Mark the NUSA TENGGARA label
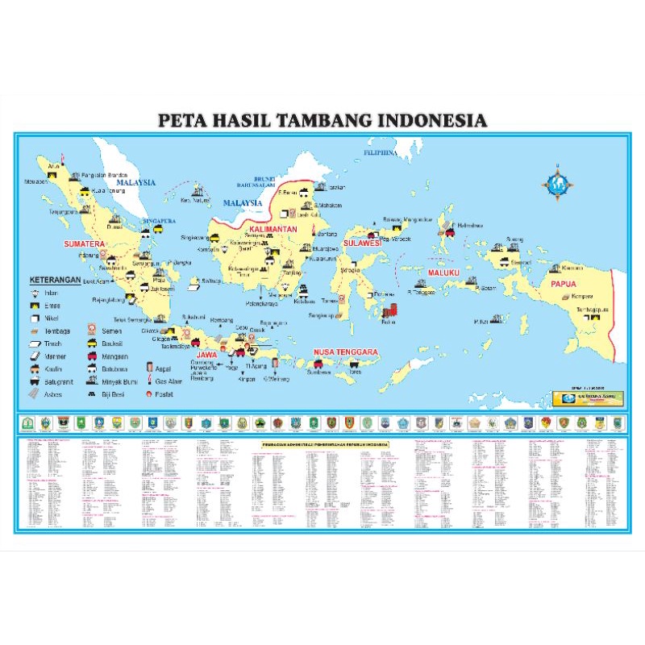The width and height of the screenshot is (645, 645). click(x=347, y=352)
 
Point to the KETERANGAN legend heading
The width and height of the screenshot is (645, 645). click(x=57, y=279)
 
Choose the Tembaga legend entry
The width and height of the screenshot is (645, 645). click(x=56, y=331)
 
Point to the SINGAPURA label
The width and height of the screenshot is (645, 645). click(x=159, y=219)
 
